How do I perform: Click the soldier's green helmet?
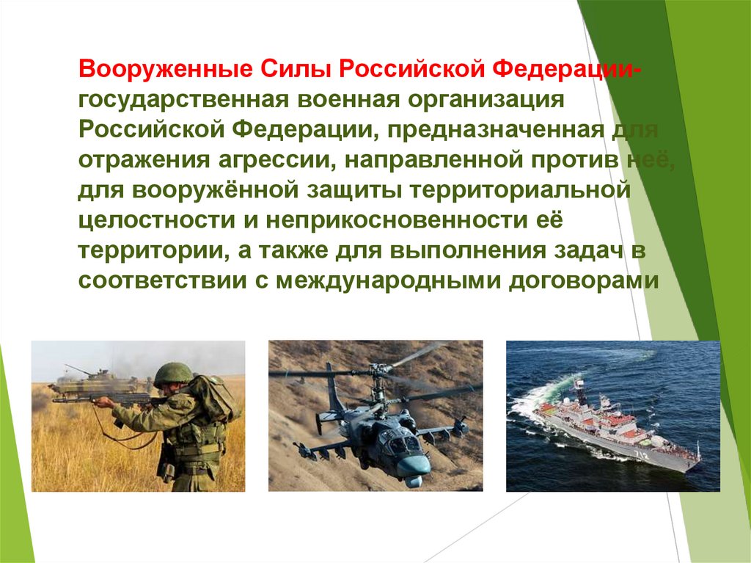coord(173,373)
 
